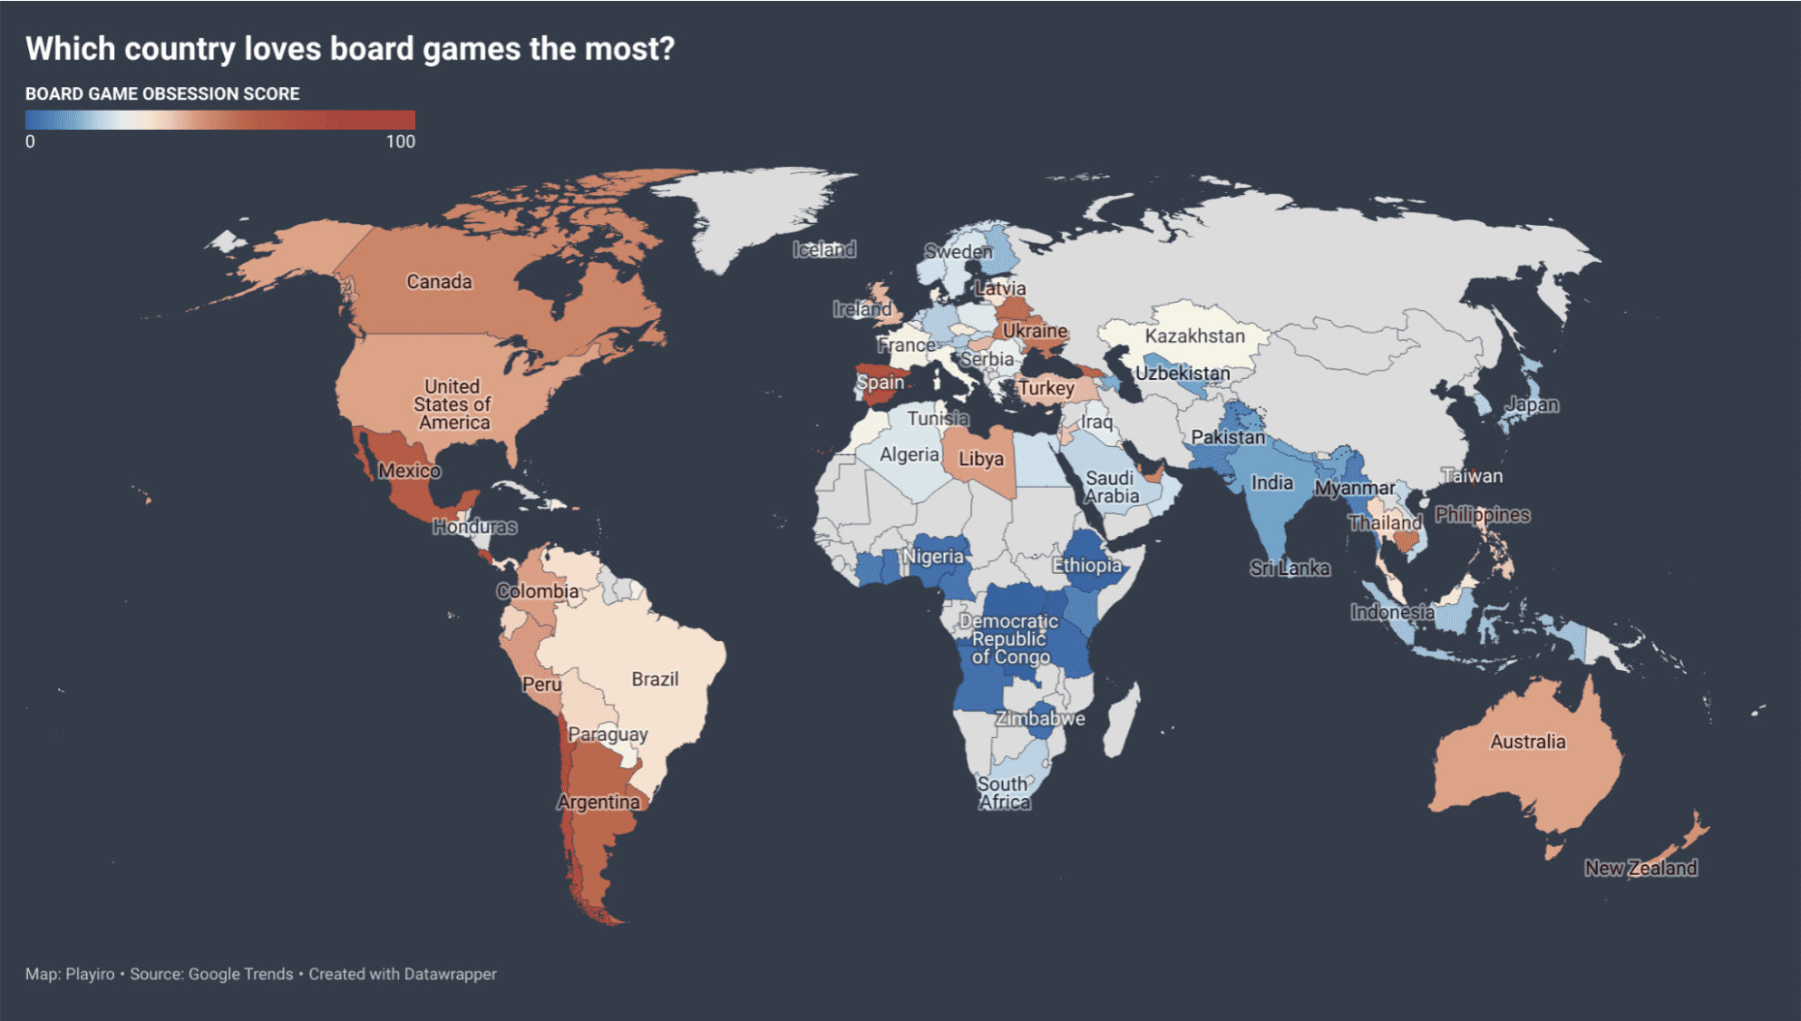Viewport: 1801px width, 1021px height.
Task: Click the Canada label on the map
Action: pos(439,282)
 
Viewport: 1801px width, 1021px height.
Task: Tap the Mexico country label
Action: pos(409,471)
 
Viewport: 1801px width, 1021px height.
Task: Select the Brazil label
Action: pos(655,679)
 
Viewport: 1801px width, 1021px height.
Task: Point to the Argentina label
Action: pos(599,802)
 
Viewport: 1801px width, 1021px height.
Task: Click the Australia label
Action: pos(1528,742)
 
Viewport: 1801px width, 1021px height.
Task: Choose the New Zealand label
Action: pos(1640,868)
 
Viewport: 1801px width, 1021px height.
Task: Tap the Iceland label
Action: pos(823,249)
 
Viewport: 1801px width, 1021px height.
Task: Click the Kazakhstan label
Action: pos(1194,336)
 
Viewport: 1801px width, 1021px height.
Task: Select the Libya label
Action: pos(981,459)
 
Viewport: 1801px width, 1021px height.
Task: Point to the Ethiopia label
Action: pos(1086,566)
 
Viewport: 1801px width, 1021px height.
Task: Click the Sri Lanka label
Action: pos(1290,569)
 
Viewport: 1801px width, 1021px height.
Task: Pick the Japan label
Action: pos(1532,404)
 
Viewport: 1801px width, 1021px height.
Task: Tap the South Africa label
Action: pos(1004,793)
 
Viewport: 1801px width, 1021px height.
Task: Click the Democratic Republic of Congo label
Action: pos(1009,639)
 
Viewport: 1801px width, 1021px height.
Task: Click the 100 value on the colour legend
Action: pos(400,141)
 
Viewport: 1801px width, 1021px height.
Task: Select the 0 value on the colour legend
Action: pos(30,141)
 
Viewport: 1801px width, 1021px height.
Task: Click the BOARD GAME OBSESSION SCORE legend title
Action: pos(162,94)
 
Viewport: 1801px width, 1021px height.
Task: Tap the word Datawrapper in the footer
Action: pos(450,974)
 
